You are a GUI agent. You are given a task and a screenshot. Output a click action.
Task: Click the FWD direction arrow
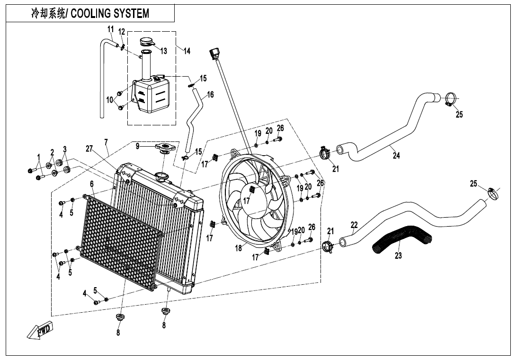(40, 331)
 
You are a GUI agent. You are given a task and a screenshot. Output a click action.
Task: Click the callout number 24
(396, 156)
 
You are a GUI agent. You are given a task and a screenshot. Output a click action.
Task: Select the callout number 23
(398, 256)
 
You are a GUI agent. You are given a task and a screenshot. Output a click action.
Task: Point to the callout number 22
(354, 225)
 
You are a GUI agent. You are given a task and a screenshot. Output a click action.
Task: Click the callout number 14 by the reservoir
(187, 51)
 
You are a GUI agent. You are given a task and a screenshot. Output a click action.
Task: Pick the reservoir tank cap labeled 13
(147, 42)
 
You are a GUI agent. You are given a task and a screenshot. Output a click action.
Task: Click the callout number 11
(110, 30)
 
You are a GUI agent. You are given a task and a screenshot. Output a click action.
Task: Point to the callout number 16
(210, 95)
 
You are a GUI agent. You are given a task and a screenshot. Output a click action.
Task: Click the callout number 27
(89, 148)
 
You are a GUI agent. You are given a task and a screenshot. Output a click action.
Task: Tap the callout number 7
(106, 142)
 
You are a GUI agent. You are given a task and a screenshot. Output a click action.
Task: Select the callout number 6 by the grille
(92, 184)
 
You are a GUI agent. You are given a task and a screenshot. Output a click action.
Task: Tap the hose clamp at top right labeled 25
(450, 99)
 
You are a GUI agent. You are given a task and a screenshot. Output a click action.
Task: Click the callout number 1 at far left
(38, 157)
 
